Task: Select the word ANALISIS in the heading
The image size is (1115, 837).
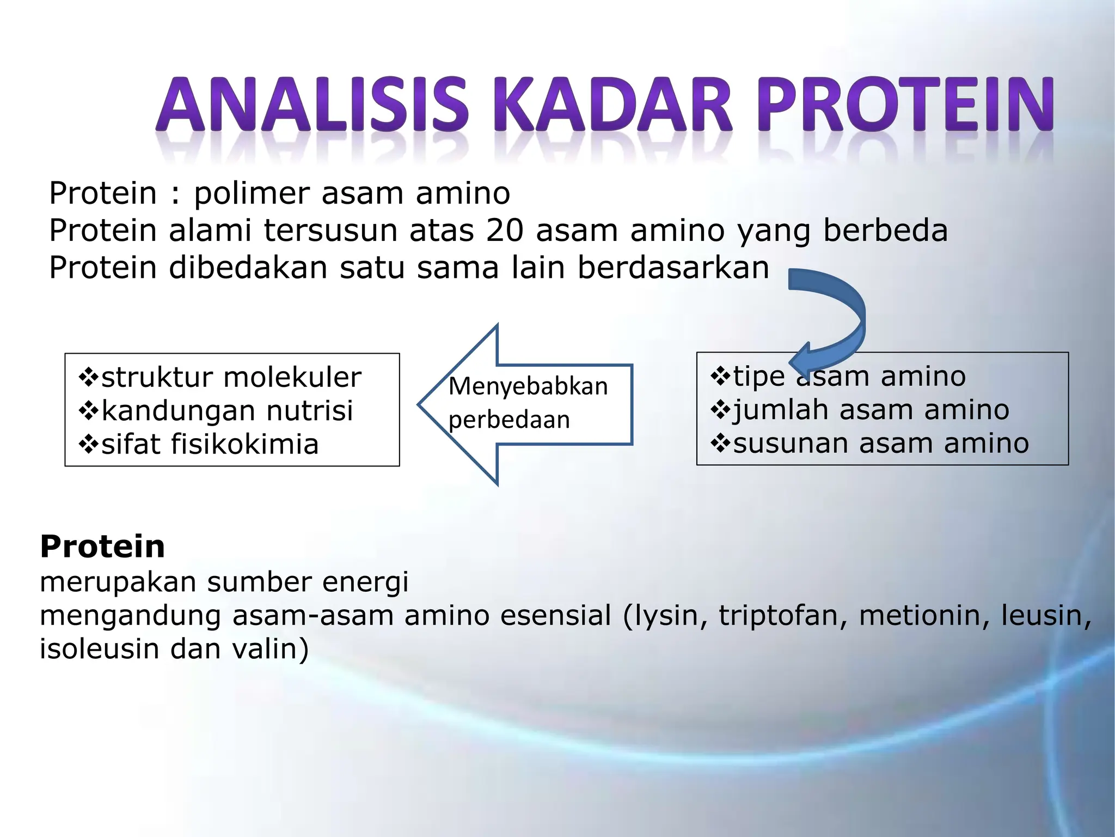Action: [311, 105]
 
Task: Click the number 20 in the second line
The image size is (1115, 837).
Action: [505, 231]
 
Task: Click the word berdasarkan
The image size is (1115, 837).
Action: [673, 268]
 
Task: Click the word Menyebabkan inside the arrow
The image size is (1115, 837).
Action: [528, 386]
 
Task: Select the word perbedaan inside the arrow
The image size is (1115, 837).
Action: [509, 420]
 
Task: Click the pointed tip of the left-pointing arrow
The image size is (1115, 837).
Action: [421, 404]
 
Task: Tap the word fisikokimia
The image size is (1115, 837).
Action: [244, 444]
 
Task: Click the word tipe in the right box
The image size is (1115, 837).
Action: [759, 377]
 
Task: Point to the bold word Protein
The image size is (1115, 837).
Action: [102, 547]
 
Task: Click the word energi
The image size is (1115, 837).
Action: [365, 582]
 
